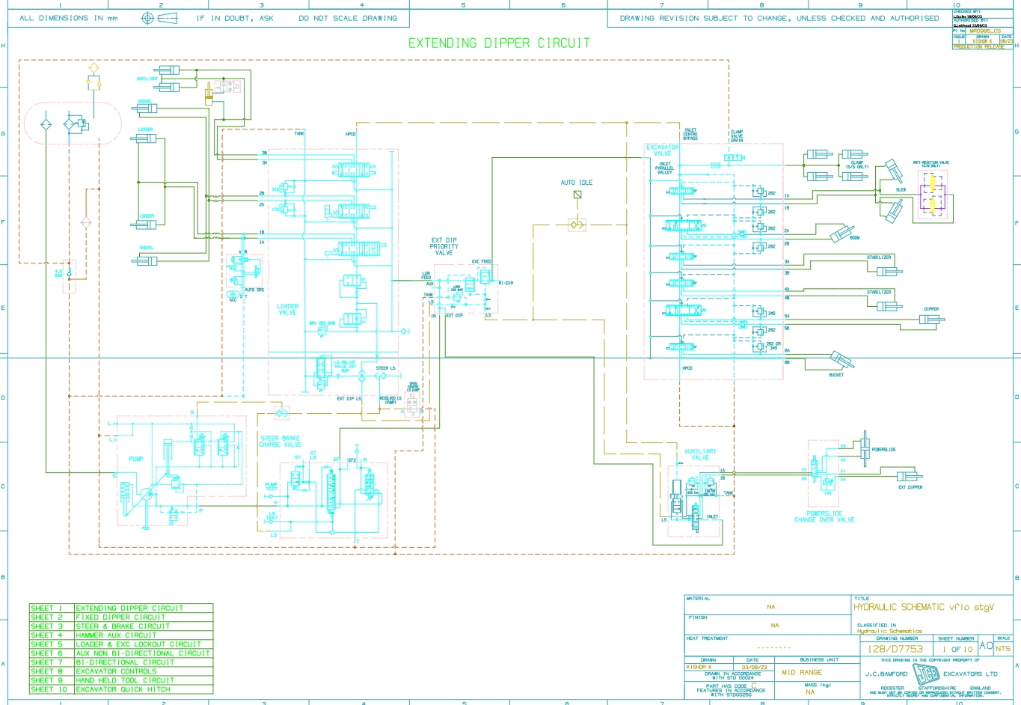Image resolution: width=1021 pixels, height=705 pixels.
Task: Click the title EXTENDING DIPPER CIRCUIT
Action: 499,43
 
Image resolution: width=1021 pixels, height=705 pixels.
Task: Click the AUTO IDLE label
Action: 577,183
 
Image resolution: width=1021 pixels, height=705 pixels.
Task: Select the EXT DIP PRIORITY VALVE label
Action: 444,247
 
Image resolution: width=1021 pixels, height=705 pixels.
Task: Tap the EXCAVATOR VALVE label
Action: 662,150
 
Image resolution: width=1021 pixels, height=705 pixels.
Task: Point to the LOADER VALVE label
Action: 287,309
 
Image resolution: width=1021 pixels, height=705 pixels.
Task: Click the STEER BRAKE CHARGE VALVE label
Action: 280,442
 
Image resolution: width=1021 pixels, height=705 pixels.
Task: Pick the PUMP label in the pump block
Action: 136,459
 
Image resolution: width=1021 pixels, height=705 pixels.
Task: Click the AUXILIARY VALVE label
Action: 700,454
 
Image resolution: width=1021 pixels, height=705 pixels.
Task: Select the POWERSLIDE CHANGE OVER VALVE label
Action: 824,516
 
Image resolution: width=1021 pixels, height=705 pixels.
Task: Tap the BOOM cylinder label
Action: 854,238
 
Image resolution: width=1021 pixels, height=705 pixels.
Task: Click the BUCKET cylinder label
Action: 836,375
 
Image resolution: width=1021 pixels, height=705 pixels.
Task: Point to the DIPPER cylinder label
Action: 931,309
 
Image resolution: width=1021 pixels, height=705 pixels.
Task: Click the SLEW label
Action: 901,190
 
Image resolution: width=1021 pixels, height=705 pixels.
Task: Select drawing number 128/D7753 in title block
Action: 895,649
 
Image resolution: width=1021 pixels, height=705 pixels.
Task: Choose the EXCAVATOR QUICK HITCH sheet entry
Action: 123,689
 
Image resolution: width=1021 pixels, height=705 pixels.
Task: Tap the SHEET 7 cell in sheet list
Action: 47,662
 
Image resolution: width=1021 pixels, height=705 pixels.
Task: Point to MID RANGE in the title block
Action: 801,672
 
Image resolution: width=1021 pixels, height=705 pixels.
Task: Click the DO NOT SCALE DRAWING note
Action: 348,18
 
